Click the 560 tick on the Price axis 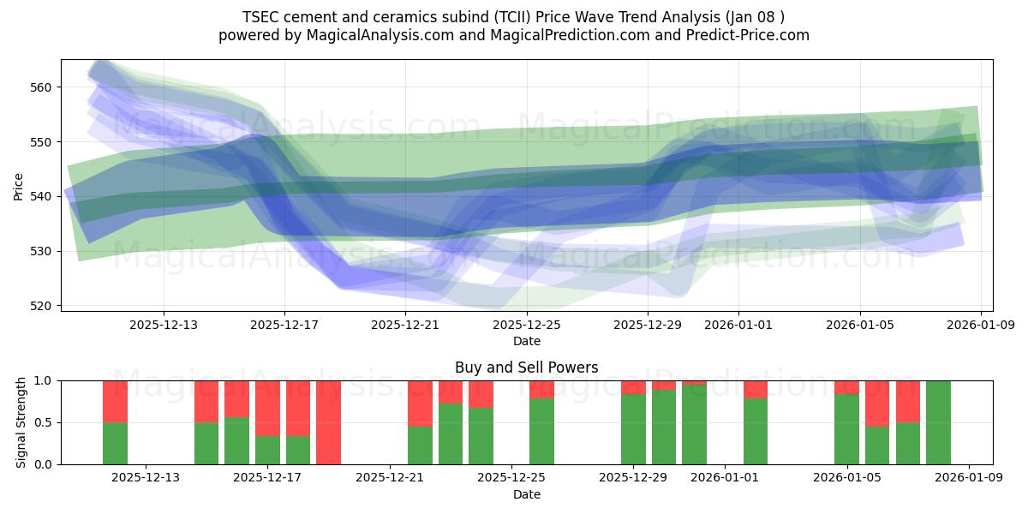click(42, 87)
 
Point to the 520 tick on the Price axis click(42, 306)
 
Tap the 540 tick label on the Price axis click(42, 196)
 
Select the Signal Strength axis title click(21, 422)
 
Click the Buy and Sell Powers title click(526, 368)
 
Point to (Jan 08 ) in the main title click(753, 16)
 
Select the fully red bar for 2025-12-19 click(329, 422)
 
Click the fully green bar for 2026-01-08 click(938, 422)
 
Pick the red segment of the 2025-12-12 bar click(115, 401)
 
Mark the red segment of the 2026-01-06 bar click(877, 403)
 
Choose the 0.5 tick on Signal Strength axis click(42, 422)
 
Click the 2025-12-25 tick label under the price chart click(526, 325)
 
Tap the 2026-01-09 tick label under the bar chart click(968, 477)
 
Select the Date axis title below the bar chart click(526, 494)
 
